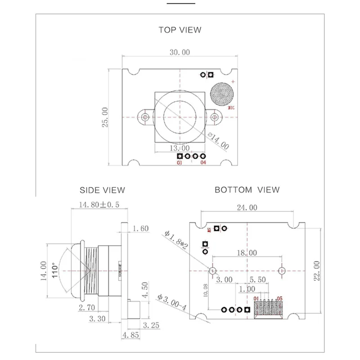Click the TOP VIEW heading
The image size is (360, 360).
point(180,30)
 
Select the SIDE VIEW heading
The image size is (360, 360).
point(102,190)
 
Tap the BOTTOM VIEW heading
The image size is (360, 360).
point(247,190)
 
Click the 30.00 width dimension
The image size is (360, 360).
point(180,52)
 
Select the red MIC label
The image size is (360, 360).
point(231,108)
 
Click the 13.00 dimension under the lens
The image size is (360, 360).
point(179,148)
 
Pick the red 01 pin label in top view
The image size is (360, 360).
point(180,163)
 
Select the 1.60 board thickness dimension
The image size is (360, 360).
point(141,229)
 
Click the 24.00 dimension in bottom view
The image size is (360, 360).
point(247,207)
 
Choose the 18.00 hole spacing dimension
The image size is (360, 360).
point(247,253)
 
